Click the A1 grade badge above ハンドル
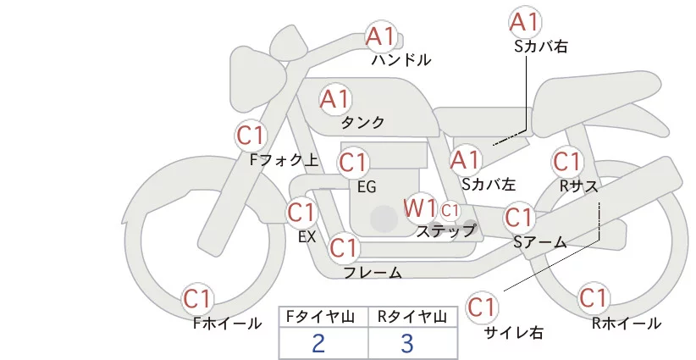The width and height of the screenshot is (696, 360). point(380,36)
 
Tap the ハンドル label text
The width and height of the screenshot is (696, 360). point(401,60)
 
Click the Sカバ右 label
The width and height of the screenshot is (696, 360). point(540,47)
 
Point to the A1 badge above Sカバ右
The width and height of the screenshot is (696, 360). point(525,21)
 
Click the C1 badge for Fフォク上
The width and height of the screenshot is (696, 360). point(251,135)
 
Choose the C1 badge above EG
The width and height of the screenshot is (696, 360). point(353,162)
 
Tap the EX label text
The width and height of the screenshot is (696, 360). point(307,237)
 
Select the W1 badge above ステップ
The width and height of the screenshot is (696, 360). point(420,208)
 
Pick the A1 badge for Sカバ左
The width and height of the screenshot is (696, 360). point(466,158)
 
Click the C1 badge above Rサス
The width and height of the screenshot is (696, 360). point(566,161)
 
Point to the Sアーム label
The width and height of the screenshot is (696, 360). point(539,242)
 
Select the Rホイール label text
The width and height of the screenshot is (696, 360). point(626,323)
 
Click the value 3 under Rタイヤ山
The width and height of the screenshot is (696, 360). point(407,344)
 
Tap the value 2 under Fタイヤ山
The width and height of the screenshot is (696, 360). point(318,344)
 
